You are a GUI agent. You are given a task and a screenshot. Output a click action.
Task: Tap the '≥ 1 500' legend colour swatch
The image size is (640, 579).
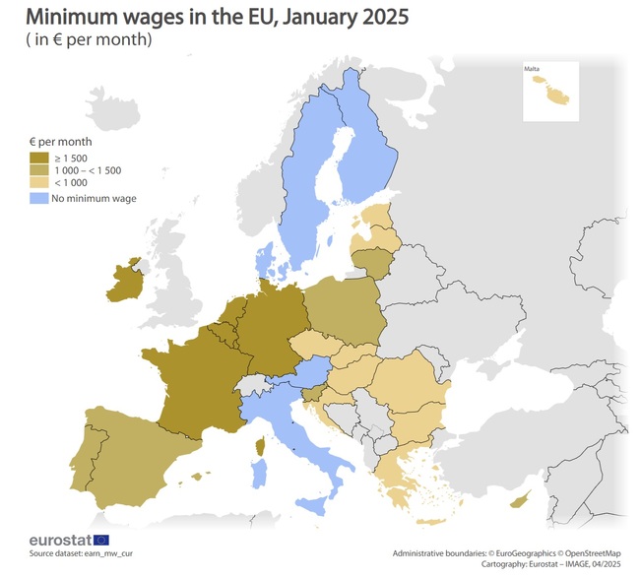pos(39,157)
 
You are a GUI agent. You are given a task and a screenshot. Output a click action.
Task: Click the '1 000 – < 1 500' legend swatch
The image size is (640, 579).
pos(39,169)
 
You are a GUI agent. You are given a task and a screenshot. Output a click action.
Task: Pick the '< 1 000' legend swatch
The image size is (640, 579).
pos(39,182)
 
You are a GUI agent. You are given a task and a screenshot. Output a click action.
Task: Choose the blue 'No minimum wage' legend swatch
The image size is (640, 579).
pos(39,198)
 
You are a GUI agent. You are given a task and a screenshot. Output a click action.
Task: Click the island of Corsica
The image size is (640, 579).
pos(262,449)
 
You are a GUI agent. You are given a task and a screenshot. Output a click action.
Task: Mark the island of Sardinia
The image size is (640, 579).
pos(260,475)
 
